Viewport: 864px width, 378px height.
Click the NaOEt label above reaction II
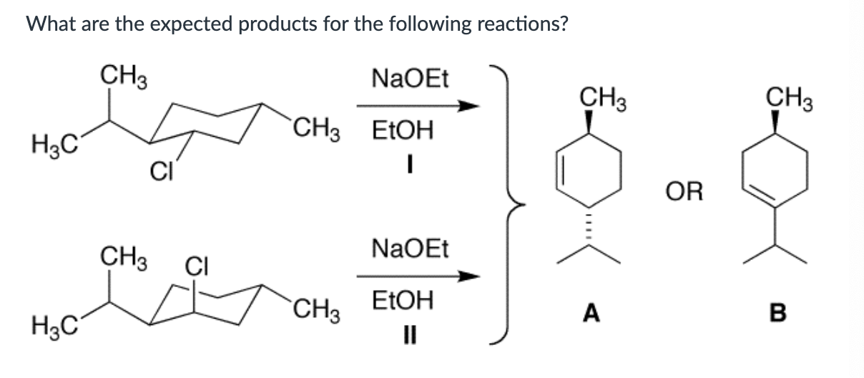pos(410,250)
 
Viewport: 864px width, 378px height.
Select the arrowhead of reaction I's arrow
pos(468,107)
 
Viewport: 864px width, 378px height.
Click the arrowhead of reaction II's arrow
pos(468,276)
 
